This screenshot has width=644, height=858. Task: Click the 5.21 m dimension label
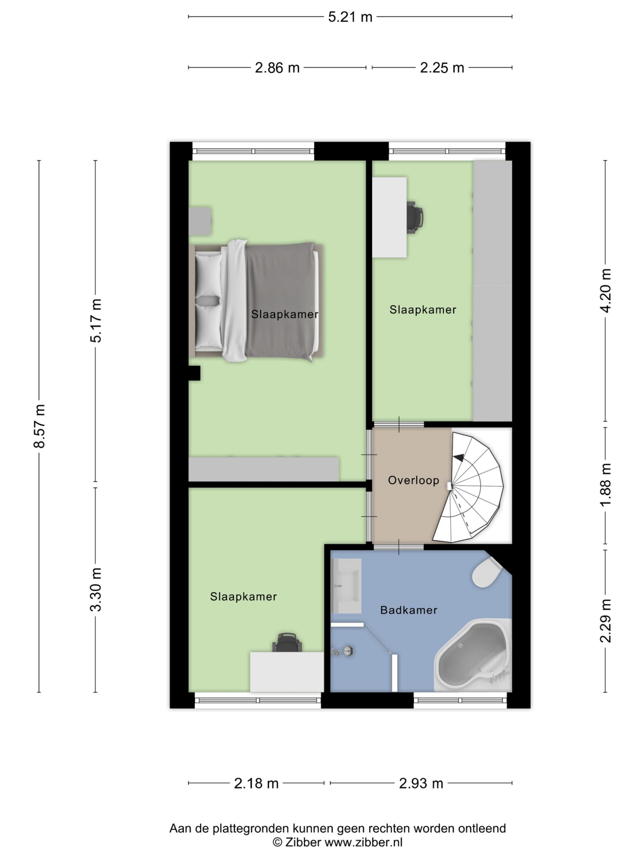coord(350,17)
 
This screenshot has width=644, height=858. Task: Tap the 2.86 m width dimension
coord(277,68)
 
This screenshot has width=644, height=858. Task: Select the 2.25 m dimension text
coord(442,68)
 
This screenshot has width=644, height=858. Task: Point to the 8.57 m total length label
coord(40,426)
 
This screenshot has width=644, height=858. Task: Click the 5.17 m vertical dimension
coord(96,320)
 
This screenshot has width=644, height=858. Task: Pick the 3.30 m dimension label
coord(96,589)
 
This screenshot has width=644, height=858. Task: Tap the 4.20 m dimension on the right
coord(605,291)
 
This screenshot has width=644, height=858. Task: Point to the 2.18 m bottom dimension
coord(256,784)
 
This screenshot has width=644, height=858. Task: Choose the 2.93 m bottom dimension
coord(421,784)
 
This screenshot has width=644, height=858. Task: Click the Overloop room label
coord(414,480)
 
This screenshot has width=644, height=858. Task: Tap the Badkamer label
coord(409,610)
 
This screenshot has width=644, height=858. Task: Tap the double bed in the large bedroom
coord(256,301)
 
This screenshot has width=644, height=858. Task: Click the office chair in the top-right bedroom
coord(415,217)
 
